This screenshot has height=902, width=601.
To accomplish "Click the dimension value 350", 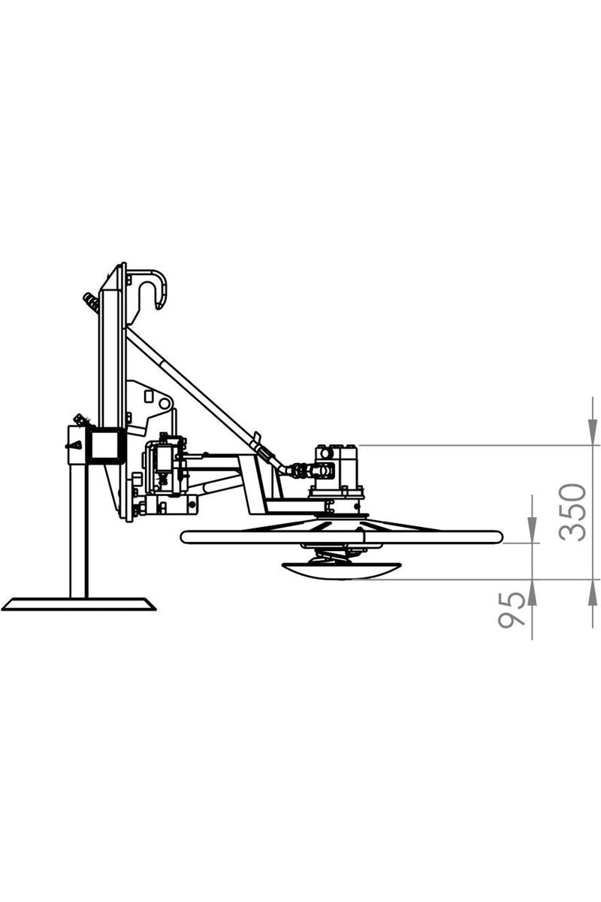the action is (572, 512).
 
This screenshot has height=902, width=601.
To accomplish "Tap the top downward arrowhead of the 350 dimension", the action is (592, 432).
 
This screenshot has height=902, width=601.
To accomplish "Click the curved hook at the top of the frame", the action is (154, 289).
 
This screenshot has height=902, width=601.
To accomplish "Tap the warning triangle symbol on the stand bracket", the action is (75, 445).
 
